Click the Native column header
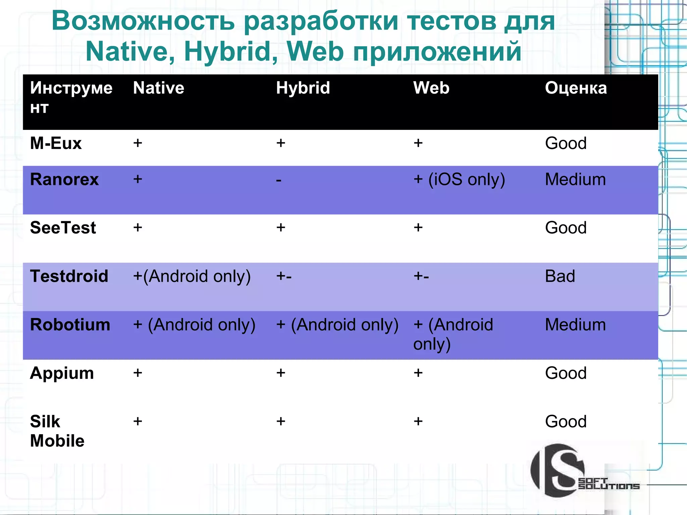pos(158,88)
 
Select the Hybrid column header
pos(303,88)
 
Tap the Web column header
pos(431,88)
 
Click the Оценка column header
pos(576,88)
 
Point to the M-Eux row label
pos(56,143)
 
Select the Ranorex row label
pos(64,179)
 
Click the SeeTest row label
pos(63,228)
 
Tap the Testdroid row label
pos(69,276)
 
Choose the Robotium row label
pos(70,325)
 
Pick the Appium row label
pos(62,373)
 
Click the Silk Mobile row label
pos(57,431)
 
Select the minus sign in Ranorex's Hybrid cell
pos(278,180)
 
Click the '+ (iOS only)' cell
pos(459,179)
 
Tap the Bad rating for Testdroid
pos(560,276)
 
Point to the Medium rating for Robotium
pos(575,325)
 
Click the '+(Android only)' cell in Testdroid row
pos(192,276)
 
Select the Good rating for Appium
pos(566,373)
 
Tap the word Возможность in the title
pos(143,21)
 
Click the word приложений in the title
pos(437,51)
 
